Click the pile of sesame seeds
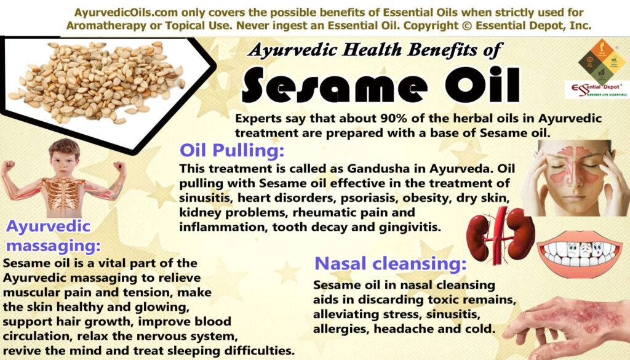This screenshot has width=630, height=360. pyautogui.click(x=97, y=82)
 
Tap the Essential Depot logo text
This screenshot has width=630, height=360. pyautogui.click(x=596, y=90)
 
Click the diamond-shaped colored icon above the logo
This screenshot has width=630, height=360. pyautogui.click(x=602, y=61)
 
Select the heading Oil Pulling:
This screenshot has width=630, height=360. pyautogui.click(x=232, y=151)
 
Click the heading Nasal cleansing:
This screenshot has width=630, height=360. pyautogui.click(x=390, y=263)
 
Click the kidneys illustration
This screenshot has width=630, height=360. pyautogui.click(x=500, y=235)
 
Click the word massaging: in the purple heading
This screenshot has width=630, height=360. pyautogui.click(x=54, y=246)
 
